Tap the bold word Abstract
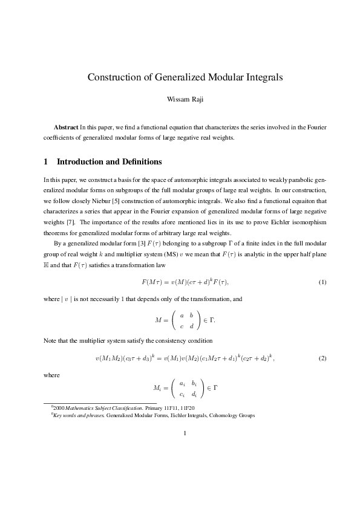click(66, 128)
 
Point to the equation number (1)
click(322, 282)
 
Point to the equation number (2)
click(322, 358)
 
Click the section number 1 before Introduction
click(46, 162)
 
